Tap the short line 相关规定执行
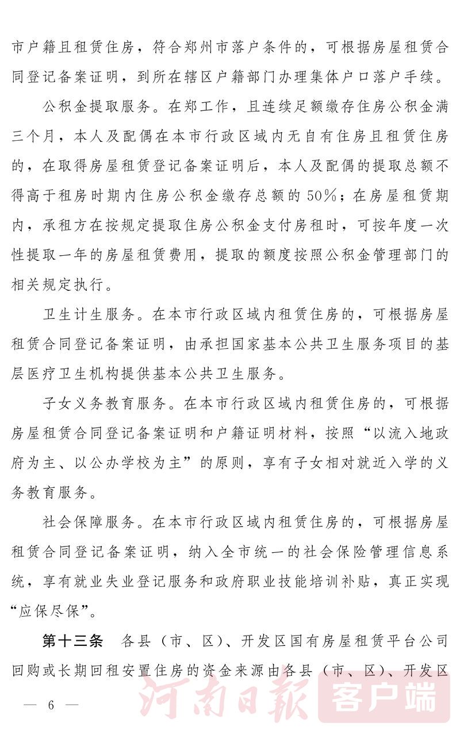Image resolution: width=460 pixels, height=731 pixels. pyautogui.click(x=57, y=285)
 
